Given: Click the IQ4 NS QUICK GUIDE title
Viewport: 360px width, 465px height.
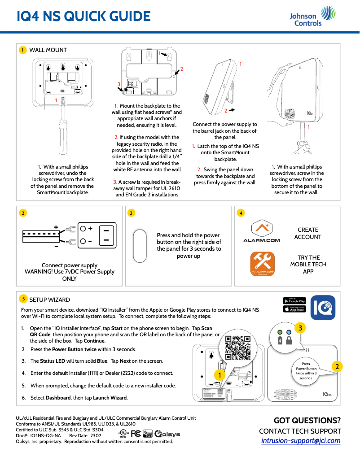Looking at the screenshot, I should pos(83,17).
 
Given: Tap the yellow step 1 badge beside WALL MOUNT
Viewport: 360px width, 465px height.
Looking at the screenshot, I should pos(22,50).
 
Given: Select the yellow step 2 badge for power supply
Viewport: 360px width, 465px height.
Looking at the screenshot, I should pos(22,213).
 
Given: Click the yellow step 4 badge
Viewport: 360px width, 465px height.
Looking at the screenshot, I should pos(241,213).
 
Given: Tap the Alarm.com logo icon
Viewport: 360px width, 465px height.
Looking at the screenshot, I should pos(261,231).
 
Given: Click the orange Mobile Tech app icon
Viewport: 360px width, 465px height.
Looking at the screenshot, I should pos(262,264).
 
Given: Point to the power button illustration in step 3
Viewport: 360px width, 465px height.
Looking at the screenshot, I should pos(140,246).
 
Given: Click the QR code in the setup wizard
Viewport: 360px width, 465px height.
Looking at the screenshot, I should pos(237,348).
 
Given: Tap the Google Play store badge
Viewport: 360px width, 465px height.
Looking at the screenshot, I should pos(294,300).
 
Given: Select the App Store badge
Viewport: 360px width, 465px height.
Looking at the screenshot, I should pos(294,309).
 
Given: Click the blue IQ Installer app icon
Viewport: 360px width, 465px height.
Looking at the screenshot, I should pos(323,304).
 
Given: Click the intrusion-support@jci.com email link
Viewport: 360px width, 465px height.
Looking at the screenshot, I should pos(301,441).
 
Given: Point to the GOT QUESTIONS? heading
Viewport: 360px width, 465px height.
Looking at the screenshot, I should pos(307,421).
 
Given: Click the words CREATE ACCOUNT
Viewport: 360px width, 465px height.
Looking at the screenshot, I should pos(307,233).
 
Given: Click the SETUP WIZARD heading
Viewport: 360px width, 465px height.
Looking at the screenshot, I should pos(49,300).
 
